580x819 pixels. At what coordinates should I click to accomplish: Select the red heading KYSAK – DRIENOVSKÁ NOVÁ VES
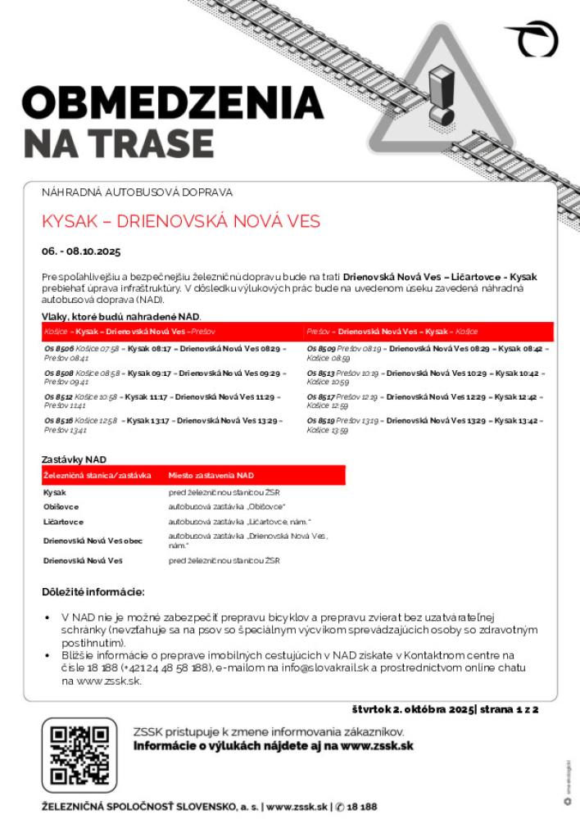tap(180, 222)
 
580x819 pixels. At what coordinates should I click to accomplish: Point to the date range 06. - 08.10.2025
tap(81, 251)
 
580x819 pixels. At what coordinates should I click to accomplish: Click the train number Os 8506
tap(59, 349)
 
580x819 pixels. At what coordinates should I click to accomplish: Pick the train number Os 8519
tap(321, 421)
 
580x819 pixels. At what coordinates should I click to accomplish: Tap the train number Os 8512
tap(59, 397)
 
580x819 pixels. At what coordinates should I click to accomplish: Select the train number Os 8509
tap(321, 349)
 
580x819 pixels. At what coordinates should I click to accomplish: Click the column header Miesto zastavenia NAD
tap(211, 475)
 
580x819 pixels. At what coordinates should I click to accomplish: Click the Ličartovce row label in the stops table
tap(63, 522)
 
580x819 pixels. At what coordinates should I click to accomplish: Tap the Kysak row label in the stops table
tap(55, 492)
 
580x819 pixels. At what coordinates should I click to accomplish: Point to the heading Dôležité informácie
tap(93, 591)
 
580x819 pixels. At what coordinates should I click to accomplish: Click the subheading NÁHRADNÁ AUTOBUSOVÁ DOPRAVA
tap(138, 192)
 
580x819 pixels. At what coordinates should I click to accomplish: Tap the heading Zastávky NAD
tap(75, 459)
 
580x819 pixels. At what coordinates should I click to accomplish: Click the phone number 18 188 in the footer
tap(361, 807)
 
